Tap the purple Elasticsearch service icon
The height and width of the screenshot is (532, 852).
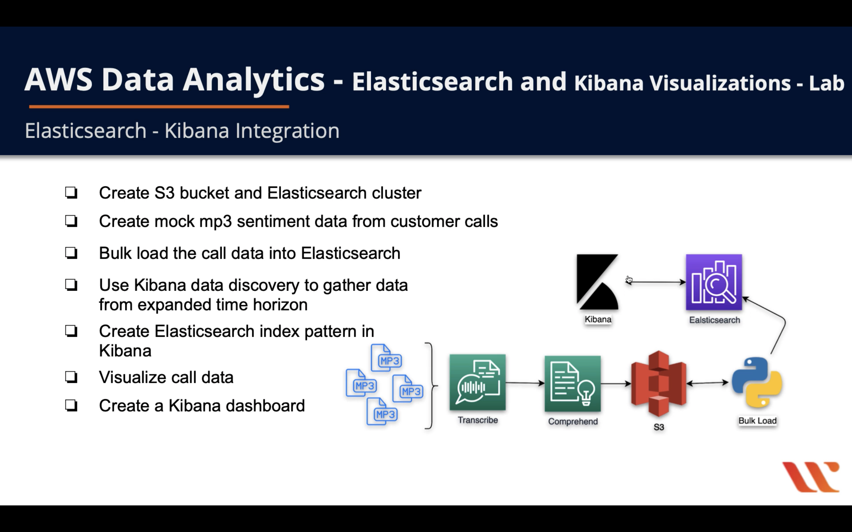pyautogui.click(x=714, y=282)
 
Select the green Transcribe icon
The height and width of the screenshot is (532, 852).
pyautogui.click(x=477, y=382)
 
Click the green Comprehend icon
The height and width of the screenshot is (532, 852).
pyautogui.click(x=572, y=384)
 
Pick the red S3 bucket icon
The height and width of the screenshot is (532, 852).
pyautogui.click(x=658, y=384)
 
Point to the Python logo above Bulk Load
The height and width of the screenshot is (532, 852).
pyautogui.click(x=757, y=382)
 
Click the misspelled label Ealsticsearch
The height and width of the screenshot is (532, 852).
pyautogui.click(x=714, y=320)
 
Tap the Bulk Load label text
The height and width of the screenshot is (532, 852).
pyautogui.click(x=757, y=421)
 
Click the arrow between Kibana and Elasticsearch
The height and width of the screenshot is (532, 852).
pyautogui.click(x=657, y=282)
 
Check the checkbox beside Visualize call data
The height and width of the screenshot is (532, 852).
pyautogui.click(x=71, y=377)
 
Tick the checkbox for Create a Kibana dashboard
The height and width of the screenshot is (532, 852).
pyautogui.click(x=71, y=406)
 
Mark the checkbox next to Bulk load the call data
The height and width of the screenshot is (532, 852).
pyautogui.click(x=71, y=253)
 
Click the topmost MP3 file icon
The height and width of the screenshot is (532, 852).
pyautogui.click(x=387, y=358)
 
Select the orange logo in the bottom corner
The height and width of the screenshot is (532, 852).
pyautogui.click(x=811, y=477)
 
